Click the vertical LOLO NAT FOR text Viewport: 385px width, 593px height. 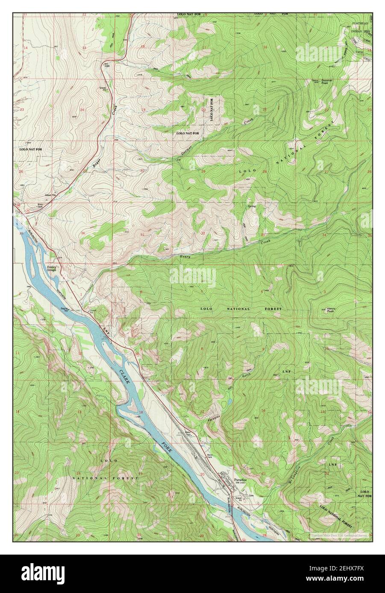(211, 110)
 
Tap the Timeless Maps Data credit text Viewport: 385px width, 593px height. (338, 534)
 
